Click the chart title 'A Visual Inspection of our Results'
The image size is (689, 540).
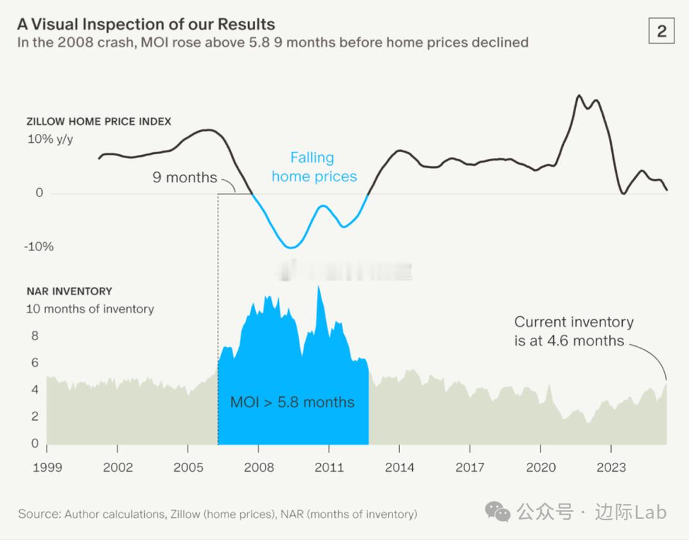[146, 24]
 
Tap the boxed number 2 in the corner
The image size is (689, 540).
[661, 31]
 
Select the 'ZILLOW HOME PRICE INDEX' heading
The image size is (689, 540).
[99, 121]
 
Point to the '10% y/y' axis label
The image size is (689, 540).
[50, 138]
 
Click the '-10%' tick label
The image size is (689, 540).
[38, 247]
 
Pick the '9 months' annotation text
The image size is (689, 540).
[184, 177]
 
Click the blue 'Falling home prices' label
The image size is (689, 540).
[313, 167]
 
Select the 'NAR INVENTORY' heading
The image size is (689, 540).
[69, 291]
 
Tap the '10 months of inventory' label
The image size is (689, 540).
[90, 309]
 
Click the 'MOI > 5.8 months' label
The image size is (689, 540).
[292, 402]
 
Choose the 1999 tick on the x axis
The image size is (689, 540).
[47, 467]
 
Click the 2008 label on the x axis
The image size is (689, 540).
[259, 467]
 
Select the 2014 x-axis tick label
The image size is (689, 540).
[399, 467]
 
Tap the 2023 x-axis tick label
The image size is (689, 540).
[611, 467]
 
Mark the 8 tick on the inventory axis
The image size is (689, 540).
[35, 336]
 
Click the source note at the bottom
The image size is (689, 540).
[218, 514]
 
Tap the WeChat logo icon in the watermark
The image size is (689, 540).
[498, 511]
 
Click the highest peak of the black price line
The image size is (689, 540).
[579, 96]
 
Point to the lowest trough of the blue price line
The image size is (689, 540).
[291, 247]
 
